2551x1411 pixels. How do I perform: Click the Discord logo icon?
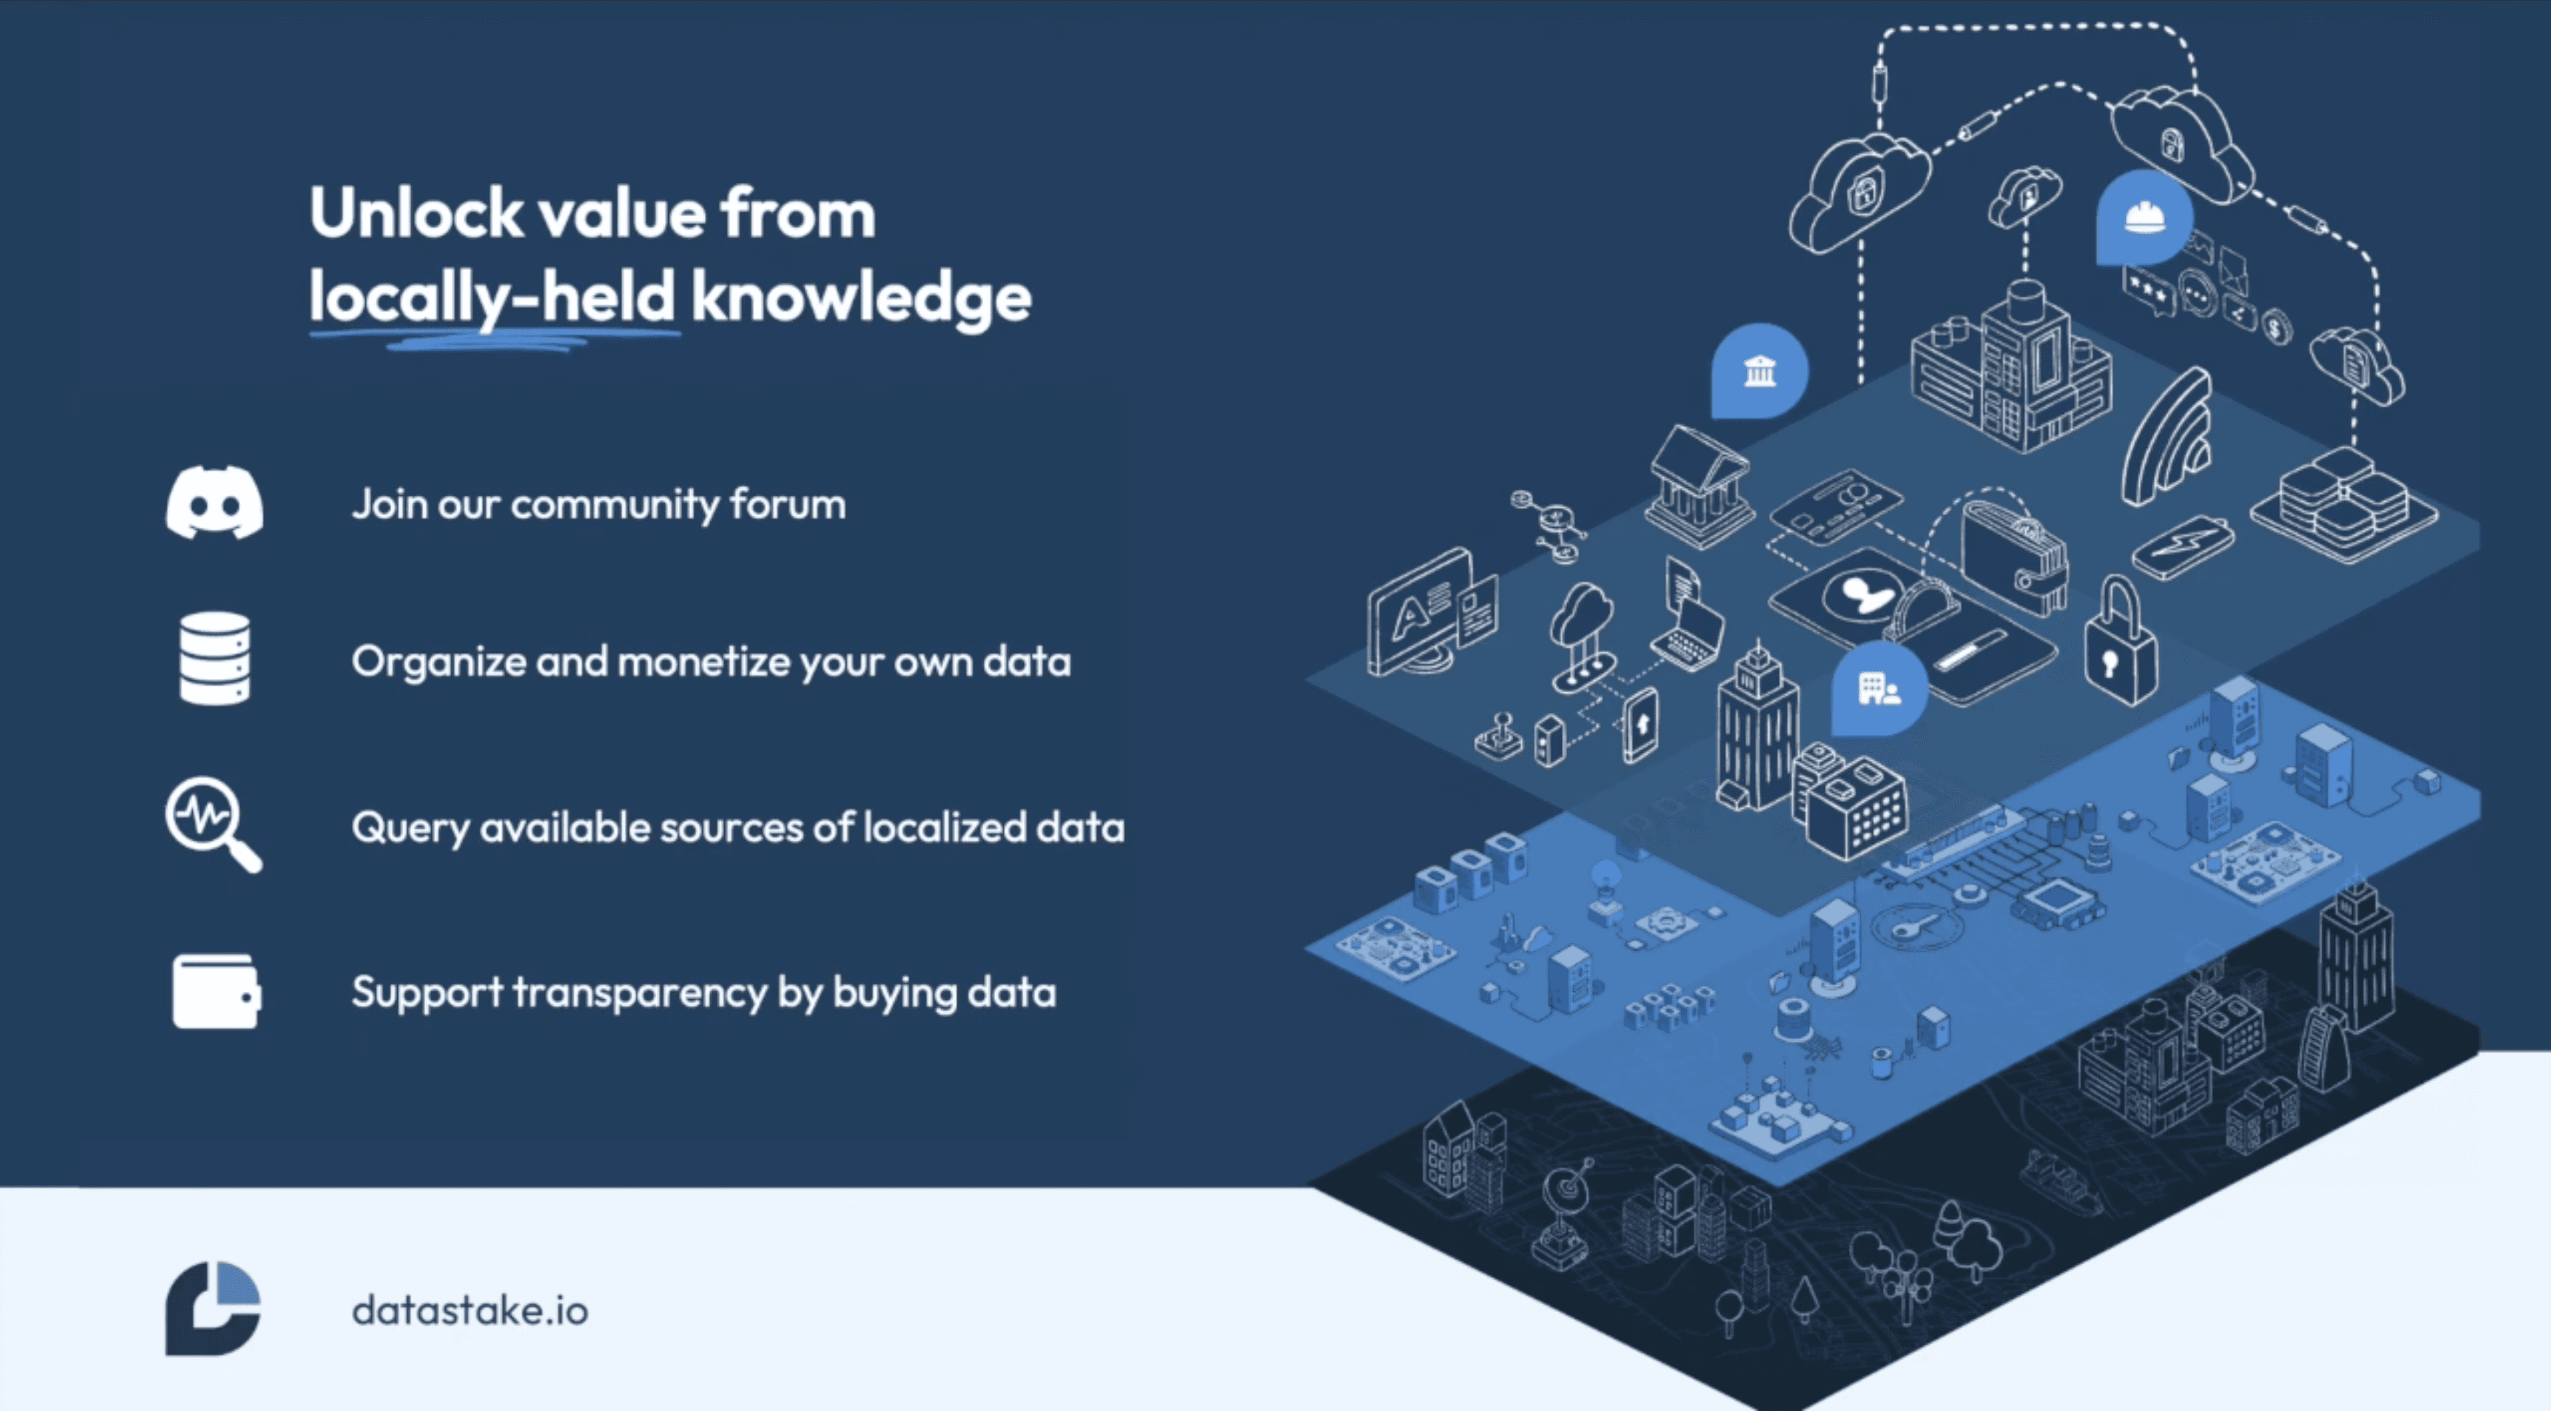click(x=214, y=503)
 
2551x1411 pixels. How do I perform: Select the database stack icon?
click(x=214, y=658)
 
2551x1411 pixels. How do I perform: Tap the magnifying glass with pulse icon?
click(x=212, y=823)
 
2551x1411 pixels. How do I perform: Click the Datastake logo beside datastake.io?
click(x=212, y=1307)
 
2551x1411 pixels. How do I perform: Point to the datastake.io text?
click(x=469, y=1310)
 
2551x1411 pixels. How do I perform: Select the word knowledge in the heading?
click(x=861, y=297)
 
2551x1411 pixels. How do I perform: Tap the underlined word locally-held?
click(x=492, y=297)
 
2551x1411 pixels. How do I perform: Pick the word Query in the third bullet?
click(x=410, y=828)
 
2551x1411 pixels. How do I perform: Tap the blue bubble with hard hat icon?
click(x=2143, y=217)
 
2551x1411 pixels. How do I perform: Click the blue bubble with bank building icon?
click(x=1759, y=371)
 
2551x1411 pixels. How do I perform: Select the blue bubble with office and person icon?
click(x=1878, y=687)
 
